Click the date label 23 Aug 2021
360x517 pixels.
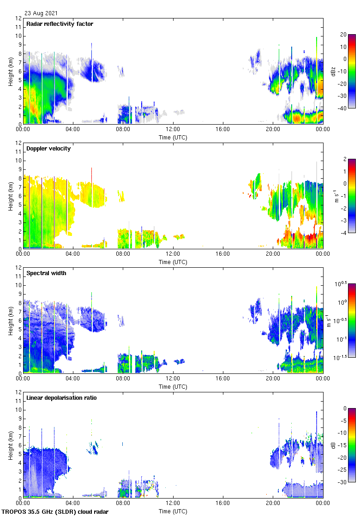pos(41,13)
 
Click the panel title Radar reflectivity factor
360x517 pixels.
pos(60,24)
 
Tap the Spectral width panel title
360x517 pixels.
pos(47,273)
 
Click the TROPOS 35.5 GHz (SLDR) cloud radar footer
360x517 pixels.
pos(55,512)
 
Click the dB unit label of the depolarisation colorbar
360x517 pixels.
pos(333,445)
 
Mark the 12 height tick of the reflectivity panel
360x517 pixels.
pos(18,18)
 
